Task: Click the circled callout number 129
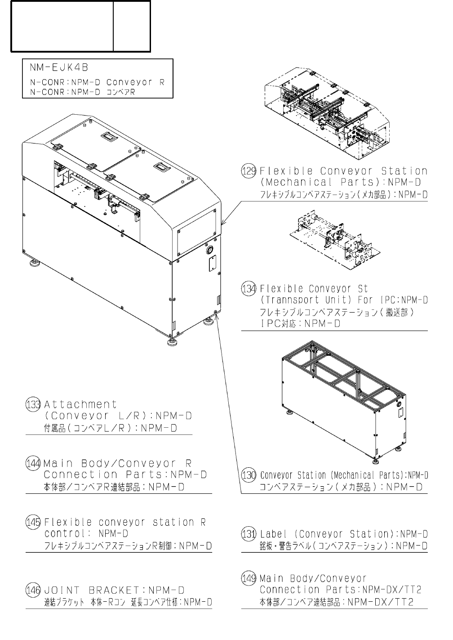[x=249, y=171]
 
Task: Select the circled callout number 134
[x=249, y=289]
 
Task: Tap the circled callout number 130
[x=249, y=475]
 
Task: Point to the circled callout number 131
[x=249, y=534]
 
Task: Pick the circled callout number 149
[x=249, y=578]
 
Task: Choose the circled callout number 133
[x=33, y=404]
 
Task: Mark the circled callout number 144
[x=33, y=463]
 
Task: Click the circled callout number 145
[x=33, y=522]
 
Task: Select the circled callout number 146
[x=33, y=590]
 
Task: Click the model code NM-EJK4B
[x=59, y=68]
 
